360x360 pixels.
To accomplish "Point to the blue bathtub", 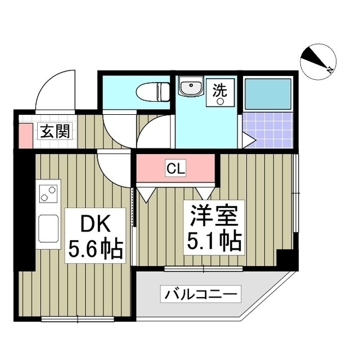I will point(267,92).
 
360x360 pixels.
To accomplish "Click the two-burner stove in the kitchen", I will point(48,195).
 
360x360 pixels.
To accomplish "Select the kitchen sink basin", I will point(47,228).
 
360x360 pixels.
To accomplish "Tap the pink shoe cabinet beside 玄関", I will point(24,133).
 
